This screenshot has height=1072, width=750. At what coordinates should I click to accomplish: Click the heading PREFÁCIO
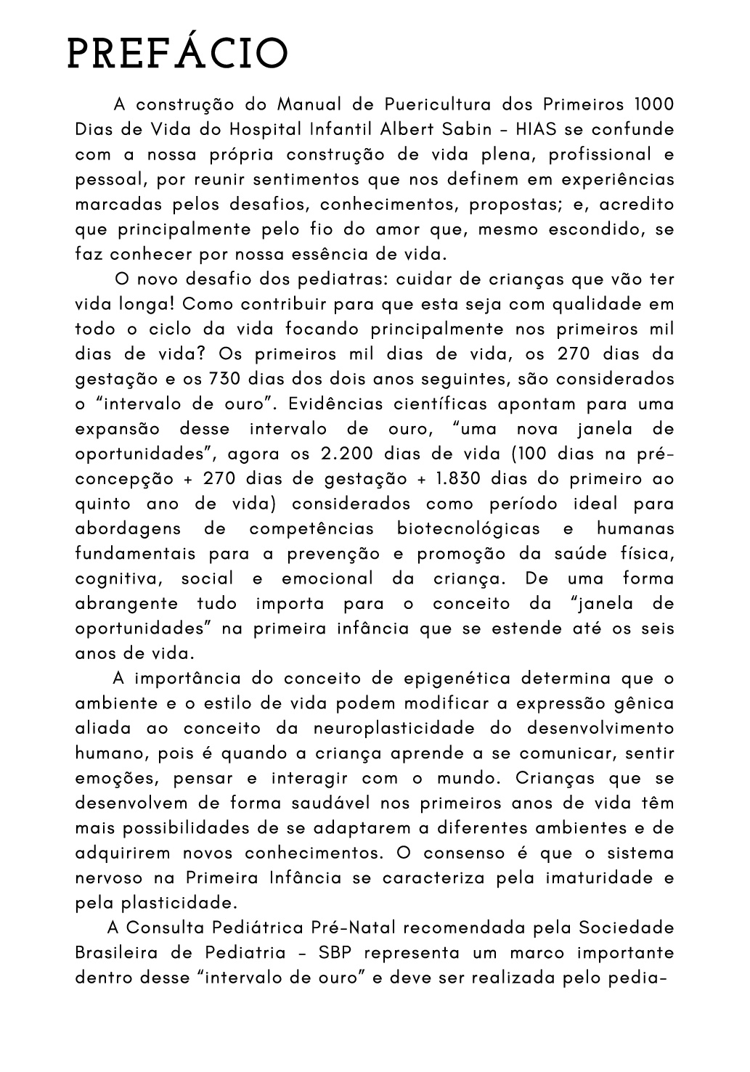tap(177, 54)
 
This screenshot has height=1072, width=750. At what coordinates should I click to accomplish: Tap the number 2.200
tap(346, 454)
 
